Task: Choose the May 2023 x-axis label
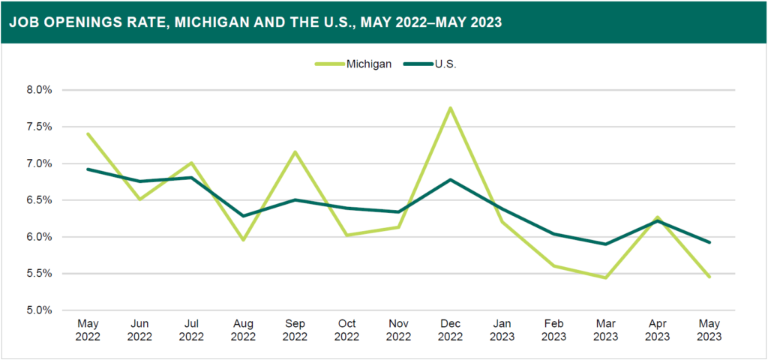tap(709, 330)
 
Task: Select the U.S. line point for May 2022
tap(88, 169)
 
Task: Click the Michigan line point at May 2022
tap(88, 134)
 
